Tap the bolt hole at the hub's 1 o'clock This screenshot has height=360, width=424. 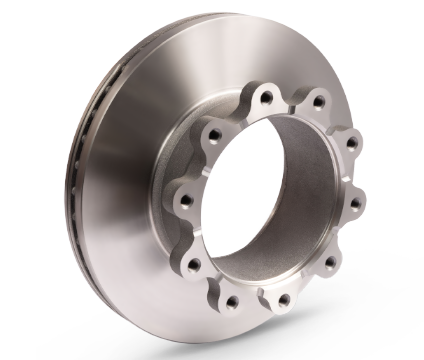(x=317, y=99)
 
